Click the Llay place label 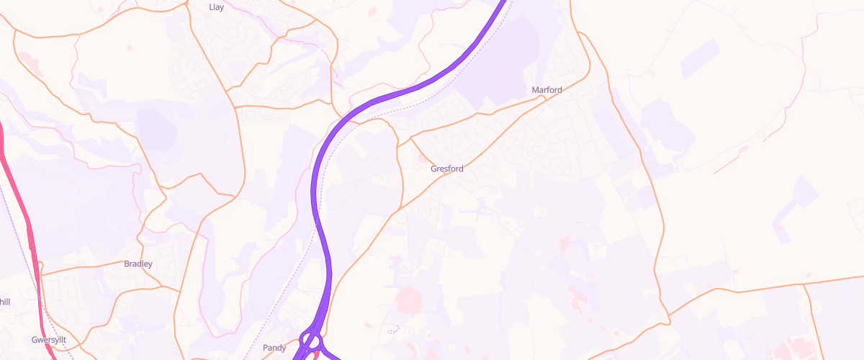pyautogui.click(x=216, y=7)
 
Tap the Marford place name pyautogui.click(x=546, y=90)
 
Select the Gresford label pyautogui.click(x=446, y=168)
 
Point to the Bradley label pyautogui.click(x=138, y=264)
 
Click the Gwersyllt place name pyautogui.click(x=49, y=339)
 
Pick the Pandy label pyautogui.click(x=274, y=348)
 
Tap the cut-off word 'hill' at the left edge pyautogui.click(x=4, y=302)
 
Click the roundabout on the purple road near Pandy pyautogui.click(x=311, y=341)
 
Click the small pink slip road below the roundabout pyautogui.click(x=318, y=353)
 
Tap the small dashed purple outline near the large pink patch pyautogui.click(x=392, y=330)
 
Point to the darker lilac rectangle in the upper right pyautogui.click(x=700, y=59)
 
